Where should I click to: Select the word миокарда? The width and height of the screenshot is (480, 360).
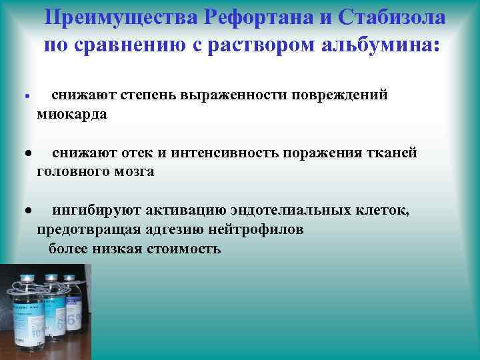point(71,114)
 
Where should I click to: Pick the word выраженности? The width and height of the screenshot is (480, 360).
point(227,96)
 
